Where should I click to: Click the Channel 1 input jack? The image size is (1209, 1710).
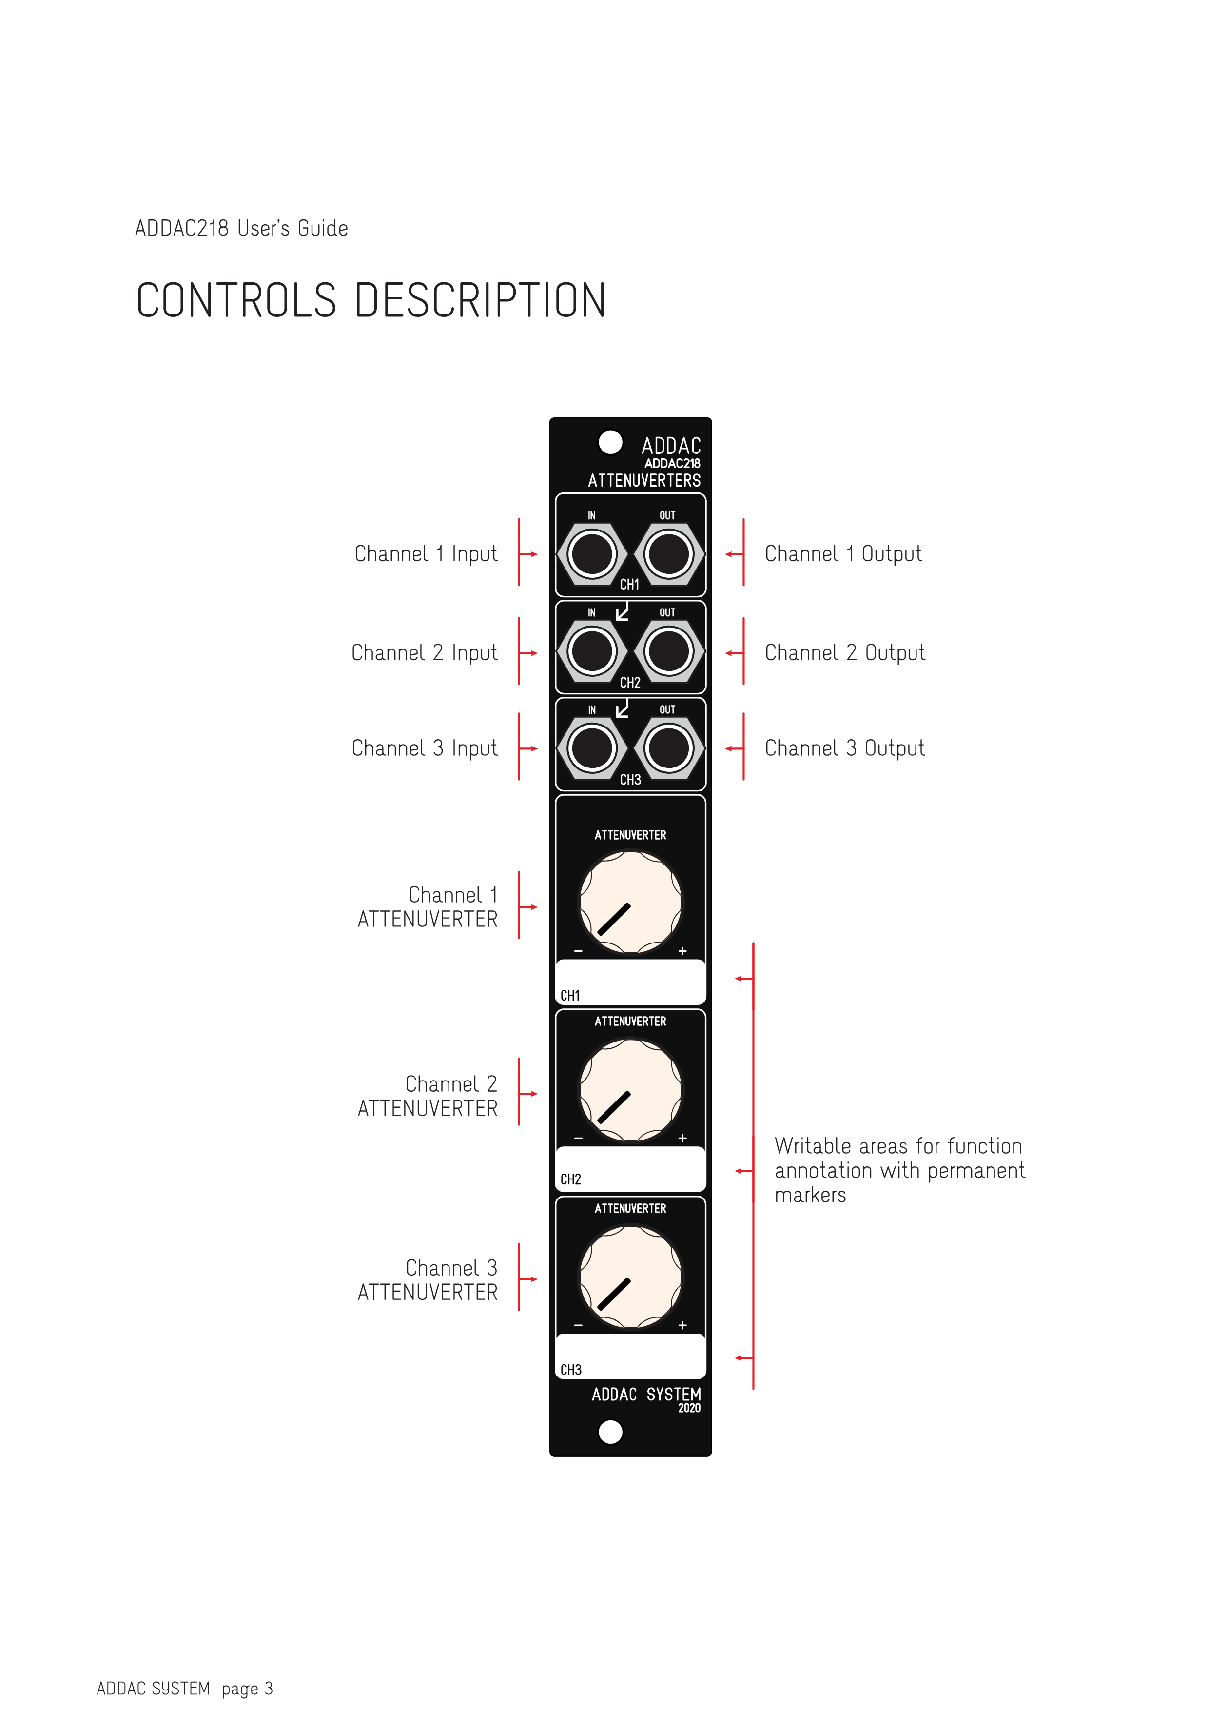(592, 554)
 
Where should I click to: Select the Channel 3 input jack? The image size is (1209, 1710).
(592, 748)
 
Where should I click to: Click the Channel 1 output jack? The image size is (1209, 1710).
(668, 554)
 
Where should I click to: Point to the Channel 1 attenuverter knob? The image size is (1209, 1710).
(630, 903)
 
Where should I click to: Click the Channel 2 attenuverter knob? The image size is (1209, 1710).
(630, 1090)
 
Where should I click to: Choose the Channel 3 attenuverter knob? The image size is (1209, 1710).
(630, 1278)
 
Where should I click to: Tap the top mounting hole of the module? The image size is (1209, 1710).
(610, 442)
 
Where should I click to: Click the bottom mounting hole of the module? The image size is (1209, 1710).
(610, 1432)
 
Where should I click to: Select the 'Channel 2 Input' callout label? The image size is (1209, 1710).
(424, 653)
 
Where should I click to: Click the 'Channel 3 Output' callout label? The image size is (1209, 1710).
(845, 748)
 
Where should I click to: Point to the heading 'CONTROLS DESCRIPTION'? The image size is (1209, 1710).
(370, 300)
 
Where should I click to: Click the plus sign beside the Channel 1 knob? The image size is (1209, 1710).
(682, 951)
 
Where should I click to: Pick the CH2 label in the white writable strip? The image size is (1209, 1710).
(571, 1179)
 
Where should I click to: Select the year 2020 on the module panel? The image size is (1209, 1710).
(689, 1408)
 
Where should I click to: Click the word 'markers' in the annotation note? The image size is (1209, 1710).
(811, 1196)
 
